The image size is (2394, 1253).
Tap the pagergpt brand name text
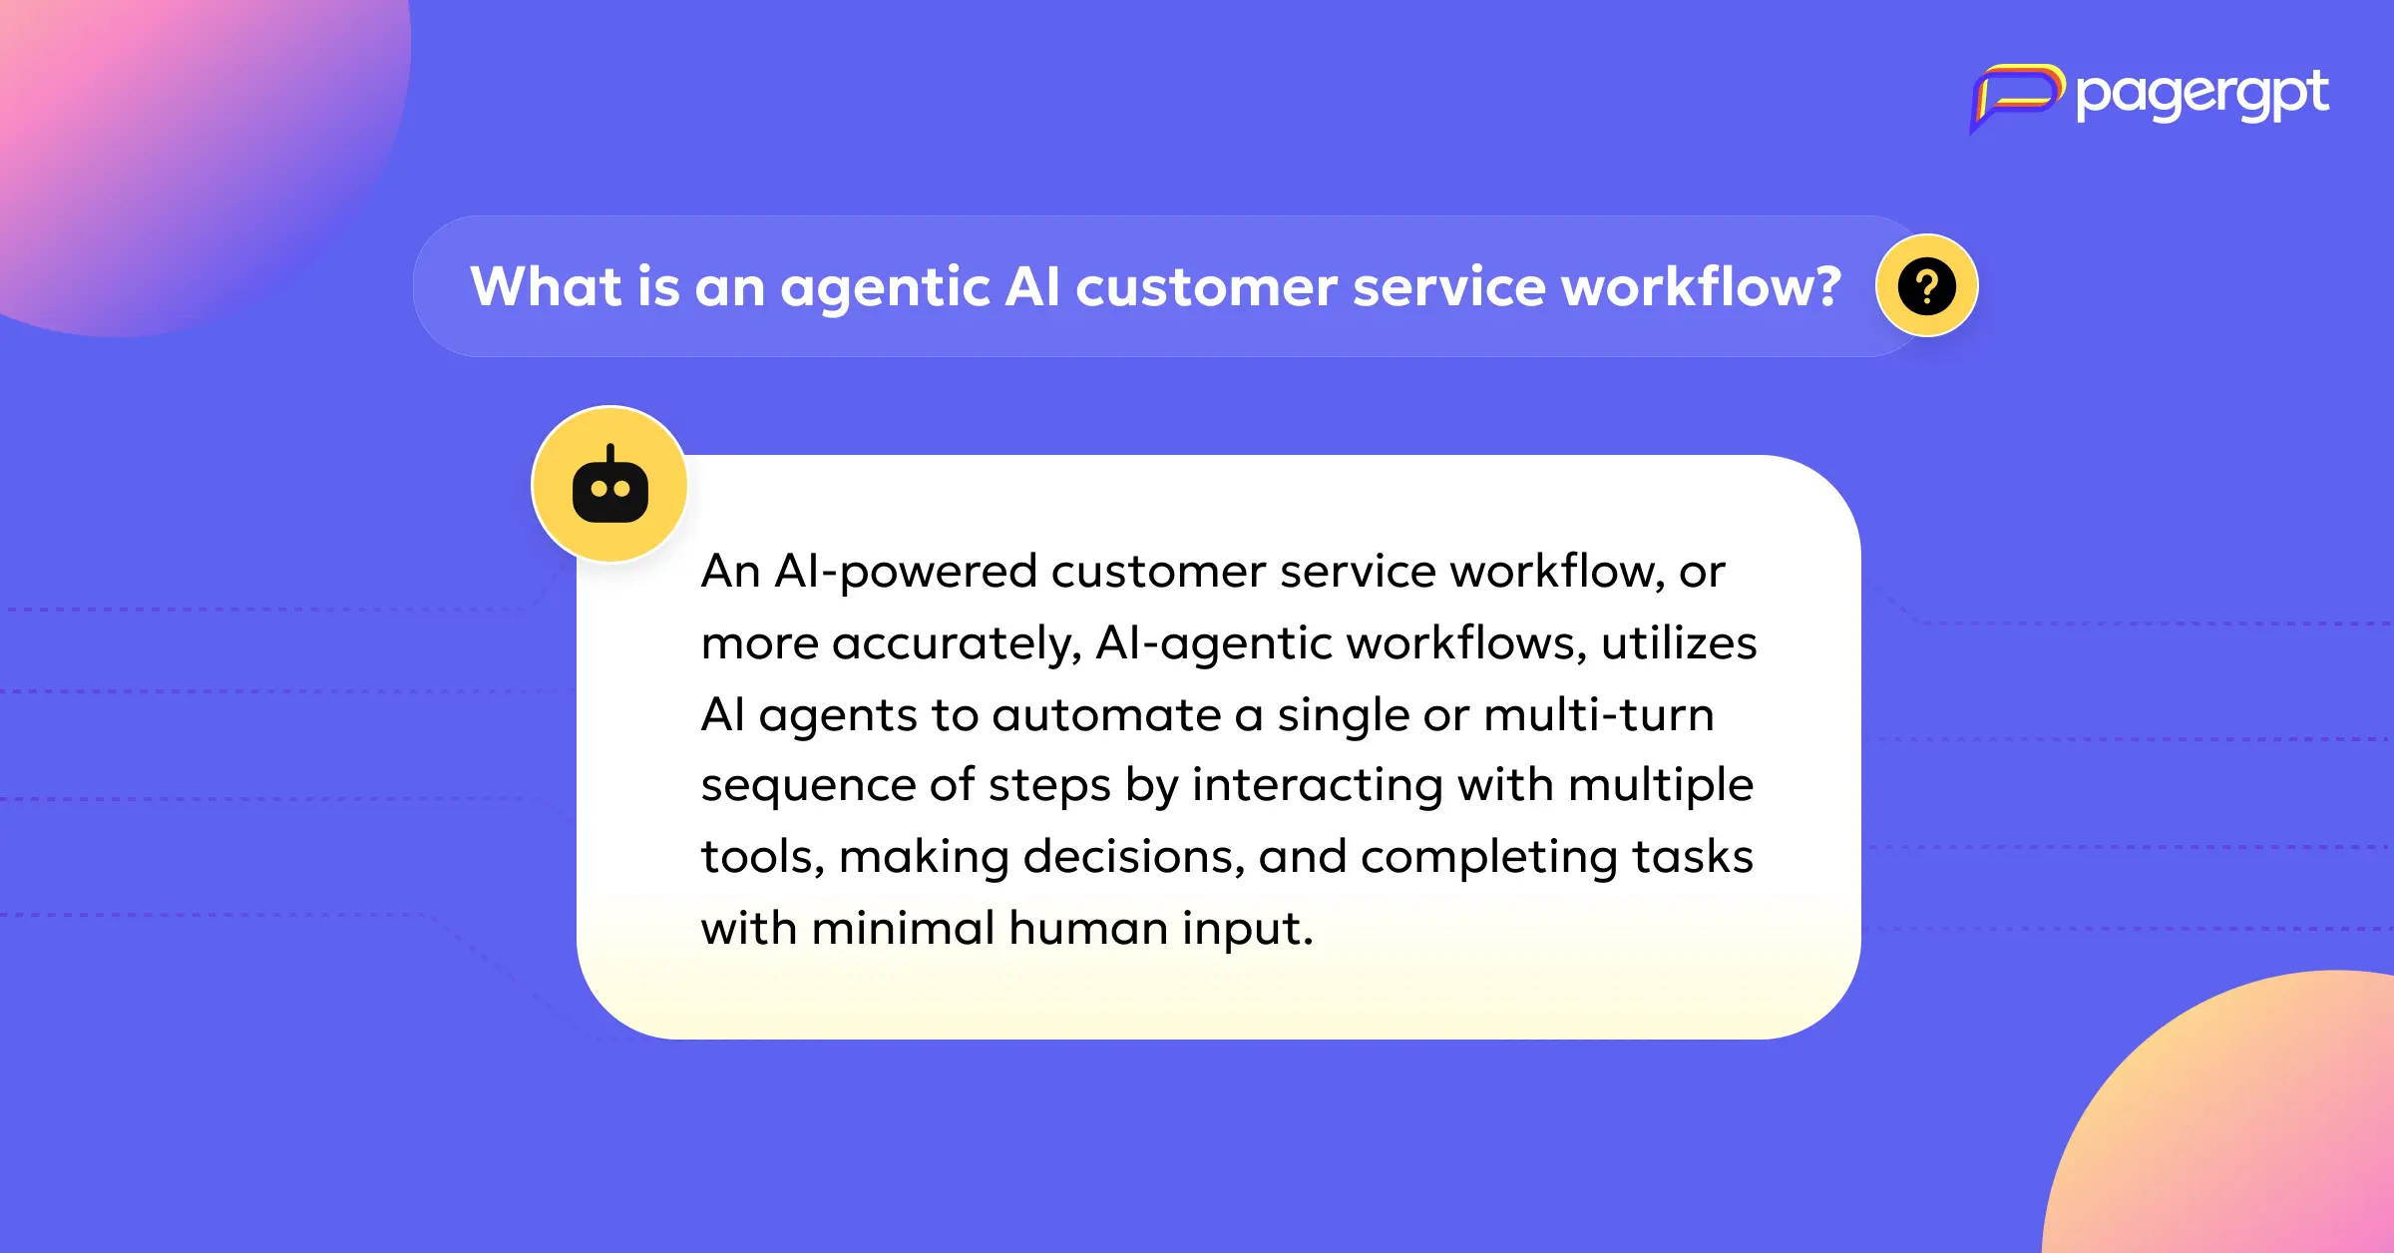pyautogui.click(x=2202, y=96)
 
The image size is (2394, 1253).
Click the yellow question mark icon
pyautogui.click(x=1927, y=286)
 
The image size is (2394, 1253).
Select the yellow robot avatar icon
pyautogui.click(x=610, y=485)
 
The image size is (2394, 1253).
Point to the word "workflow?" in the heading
pyautogui.click(x=1701, y=287)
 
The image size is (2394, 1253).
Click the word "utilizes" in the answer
pyautogui.click(x=1679, y=642)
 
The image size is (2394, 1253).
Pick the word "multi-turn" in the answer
pyautogui.click(x=1599, y=714)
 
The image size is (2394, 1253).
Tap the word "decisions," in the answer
pyautogui.click(x=1134, y=857)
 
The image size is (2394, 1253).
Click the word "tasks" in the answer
pyautogui.click(x=1693, y=857)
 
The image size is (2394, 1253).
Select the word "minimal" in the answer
pyautogui.click(x=904, y=928)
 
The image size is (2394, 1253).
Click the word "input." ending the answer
pyautogui.click(x=1248, y=930)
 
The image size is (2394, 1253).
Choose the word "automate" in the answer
pyautogui.click(x=1106, y=715)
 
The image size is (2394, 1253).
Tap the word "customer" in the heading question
pyautogui.click(x=1206, y=288)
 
